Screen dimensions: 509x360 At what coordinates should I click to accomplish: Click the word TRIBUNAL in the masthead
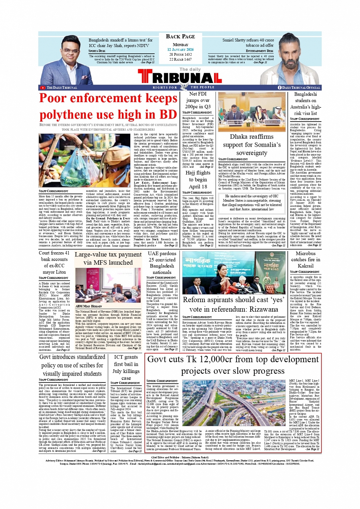pyautogui.click(x=179, y=78)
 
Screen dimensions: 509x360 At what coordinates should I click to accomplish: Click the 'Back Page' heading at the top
pyautogui.click(x=180, y=37)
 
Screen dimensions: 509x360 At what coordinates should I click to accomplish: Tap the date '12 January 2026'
pyautogui.click(x=180, y=50)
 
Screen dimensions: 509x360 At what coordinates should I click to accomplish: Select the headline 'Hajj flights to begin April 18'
pyautogui.click(x=198, y=179)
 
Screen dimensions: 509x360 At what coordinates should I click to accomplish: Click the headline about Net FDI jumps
pyautogui.click(x=198, y=100)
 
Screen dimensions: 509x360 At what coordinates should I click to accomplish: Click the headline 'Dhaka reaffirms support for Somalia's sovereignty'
pyautogui.click(x=251, y=145)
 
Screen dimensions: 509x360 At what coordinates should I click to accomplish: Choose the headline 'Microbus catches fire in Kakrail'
pyautogui.click(x=305, y=259)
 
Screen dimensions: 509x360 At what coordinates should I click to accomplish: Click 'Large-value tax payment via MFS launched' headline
pyautogui.click(x=108, y=258)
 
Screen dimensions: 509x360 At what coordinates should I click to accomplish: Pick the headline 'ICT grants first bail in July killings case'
pyautogui.click(x=126, y=367)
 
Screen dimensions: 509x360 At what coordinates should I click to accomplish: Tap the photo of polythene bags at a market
pyautogui.click(x=86, y=160)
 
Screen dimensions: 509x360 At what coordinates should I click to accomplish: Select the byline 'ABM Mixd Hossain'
pyautogui.click(x=88, y=306)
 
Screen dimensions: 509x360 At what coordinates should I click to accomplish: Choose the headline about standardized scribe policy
pyautogui.click(x=72, y=365)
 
